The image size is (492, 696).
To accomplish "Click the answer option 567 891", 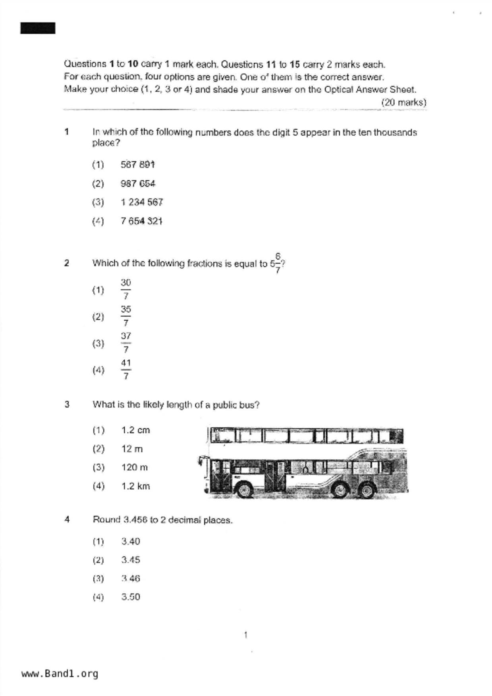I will [x=137, y=165].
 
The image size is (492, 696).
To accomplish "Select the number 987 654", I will [x=138, y=184].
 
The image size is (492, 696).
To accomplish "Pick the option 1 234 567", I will [x=142, y=202].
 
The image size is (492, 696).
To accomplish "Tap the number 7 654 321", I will [x=141, y=221].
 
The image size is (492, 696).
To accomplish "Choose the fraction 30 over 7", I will [x=125, y=289].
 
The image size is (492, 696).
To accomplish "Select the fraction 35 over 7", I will [x=125, y=316].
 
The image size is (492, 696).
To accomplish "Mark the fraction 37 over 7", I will [x=125, y=342].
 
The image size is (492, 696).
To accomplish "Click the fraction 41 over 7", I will [x=125, y=369].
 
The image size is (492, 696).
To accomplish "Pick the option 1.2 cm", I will [x=135, y=430].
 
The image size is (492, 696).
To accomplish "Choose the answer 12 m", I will [x=132, y=449].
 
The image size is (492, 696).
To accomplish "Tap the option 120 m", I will [x=134, y=467].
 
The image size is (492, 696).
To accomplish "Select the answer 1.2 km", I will [x=135, y=486].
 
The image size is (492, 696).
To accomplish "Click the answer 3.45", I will [x=131, y=560].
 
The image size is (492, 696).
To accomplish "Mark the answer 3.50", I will [x=131, y=597].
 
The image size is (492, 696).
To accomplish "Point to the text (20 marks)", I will [x=403, y=102].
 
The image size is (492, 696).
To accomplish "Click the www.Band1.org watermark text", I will [x=60, y=673].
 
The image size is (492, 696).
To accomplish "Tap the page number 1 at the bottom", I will [x=245, y=635].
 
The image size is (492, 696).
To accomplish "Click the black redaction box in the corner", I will [x=38, y=28].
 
